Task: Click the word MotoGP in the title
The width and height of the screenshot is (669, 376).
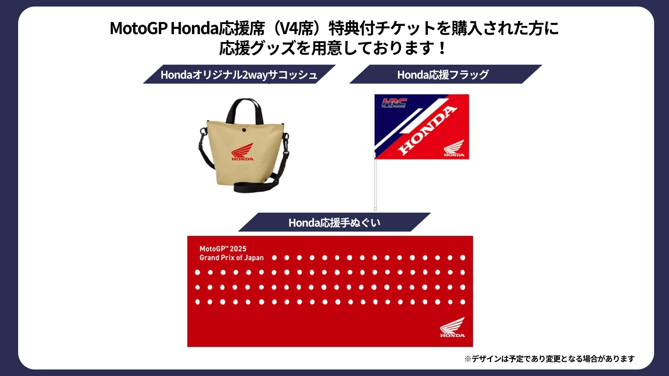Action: [x=139, y=28]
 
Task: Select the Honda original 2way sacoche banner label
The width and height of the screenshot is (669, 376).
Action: [x=239, y=75]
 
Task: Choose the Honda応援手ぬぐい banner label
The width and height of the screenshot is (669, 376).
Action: [x=334, y=222]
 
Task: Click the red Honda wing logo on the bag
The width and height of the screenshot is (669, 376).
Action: [x=243, y=151]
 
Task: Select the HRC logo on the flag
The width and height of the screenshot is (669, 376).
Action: [x=394, y=103]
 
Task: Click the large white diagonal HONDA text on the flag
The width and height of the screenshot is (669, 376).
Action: [x=427, y=130]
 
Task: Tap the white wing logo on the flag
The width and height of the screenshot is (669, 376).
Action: [x=454, y=148]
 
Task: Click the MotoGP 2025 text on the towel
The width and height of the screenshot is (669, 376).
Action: [x=223, y=249]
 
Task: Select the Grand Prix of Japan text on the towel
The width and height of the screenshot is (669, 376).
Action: [x=231, y=258]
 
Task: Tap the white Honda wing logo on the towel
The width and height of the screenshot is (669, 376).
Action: [x=452, y=327]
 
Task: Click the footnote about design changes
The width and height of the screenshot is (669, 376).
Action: [x=549, y=359]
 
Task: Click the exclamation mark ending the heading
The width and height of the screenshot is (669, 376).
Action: [x=443, y=48]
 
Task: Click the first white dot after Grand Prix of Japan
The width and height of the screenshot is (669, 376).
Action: [x=274, y=258]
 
